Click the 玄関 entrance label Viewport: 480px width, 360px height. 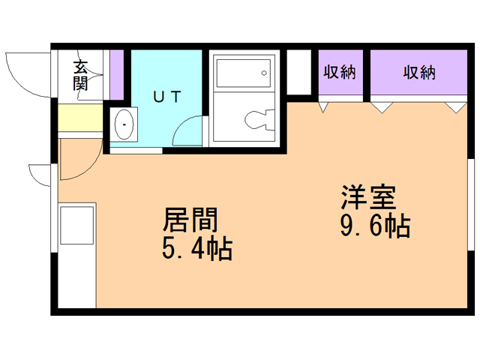click(80, 75)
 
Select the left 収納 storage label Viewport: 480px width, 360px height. click(339, 73)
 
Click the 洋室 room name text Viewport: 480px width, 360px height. click(367, 199)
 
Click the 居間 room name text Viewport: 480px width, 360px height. click(191, 220)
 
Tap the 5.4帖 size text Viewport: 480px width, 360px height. click(196, 247)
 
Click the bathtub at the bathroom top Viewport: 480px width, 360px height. click(242, 73)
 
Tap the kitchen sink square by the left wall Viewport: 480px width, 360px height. click(76, 224)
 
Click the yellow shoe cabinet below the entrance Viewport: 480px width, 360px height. click(79, 118)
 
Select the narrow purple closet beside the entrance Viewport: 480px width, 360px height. click(116, 73)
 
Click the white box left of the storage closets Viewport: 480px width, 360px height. click(298, 73)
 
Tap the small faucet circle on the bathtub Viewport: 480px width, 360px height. click(264, 73)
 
